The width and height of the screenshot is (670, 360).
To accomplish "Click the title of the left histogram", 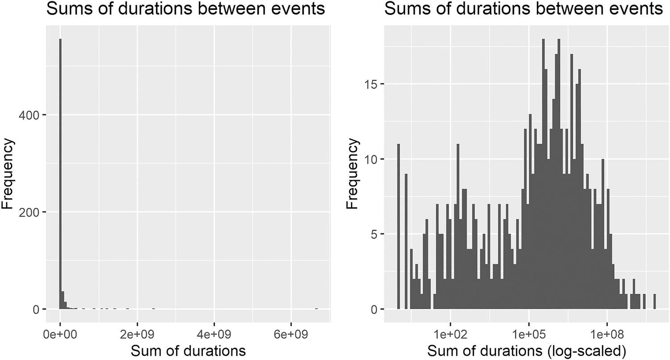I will tap(185, 9).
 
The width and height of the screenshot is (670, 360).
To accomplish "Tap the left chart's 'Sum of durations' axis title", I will tap(188, 351).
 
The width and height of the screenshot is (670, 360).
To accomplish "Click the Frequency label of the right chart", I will tap(353, 173).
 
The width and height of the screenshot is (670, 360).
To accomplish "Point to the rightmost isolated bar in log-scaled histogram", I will tap(654, 301).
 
